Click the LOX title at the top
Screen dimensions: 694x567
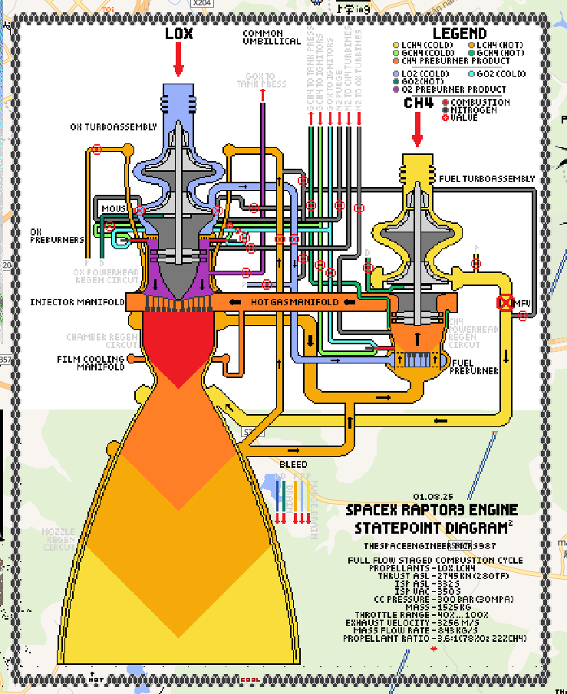[x=179, y=34]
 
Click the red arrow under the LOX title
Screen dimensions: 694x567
[x=179, y=60]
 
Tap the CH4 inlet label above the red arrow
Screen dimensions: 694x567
[x=418, y=103]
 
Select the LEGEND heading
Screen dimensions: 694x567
[x=459, y=34]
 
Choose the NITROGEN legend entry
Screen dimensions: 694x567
[x=474, y=110]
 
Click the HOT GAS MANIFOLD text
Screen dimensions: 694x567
[x=295, y=302]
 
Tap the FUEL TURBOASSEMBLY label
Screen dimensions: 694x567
[x=486, y=179]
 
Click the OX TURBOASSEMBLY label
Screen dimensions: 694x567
[x=107, y=127]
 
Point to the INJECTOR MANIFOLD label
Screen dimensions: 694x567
[x=77, y=302]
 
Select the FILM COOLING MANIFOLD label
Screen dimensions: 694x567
[x=91, y=363]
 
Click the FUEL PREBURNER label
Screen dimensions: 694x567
[x=476, y=367]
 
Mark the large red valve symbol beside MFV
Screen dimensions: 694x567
[x=505, y=302]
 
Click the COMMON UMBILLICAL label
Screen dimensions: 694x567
[x=272, y=38]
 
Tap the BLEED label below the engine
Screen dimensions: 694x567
[x=293, y=465]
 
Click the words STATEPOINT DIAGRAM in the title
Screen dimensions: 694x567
[x=433, y=528]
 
